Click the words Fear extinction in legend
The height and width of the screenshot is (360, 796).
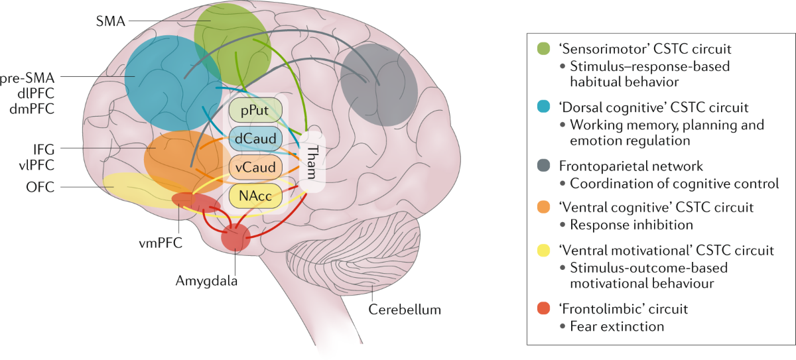click(618, 326)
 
